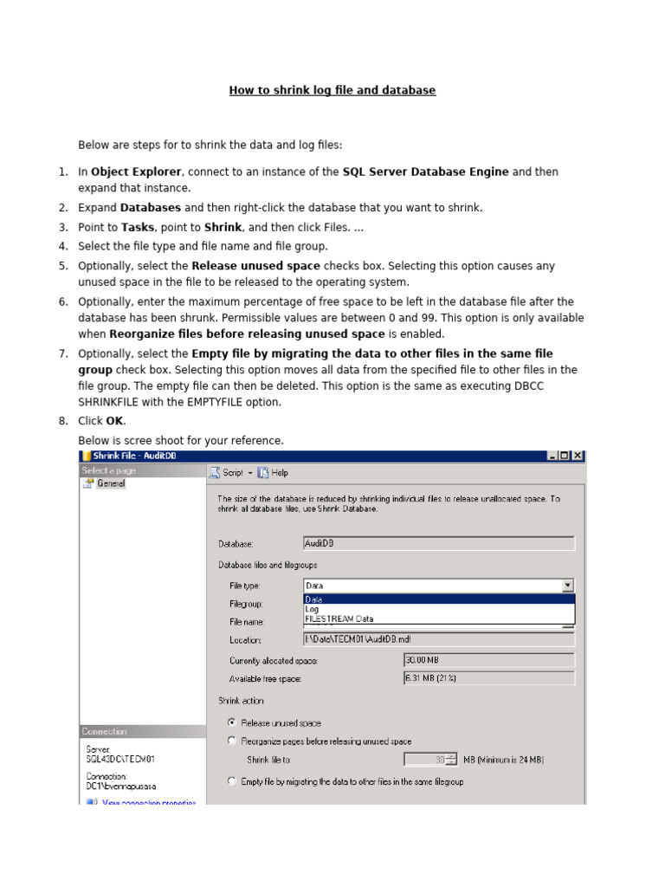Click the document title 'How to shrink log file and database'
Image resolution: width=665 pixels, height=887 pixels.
[x=332, y=90]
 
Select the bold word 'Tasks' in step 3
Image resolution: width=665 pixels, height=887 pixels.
[x=137, y=227]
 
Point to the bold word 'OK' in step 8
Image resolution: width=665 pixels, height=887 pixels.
[x=114, y=421]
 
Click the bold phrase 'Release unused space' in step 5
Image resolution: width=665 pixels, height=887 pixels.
[x=255, y=266]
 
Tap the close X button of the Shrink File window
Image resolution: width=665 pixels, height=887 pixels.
[x=578, y=456]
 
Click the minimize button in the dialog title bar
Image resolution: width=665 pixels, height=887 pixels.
[x=552, y=456]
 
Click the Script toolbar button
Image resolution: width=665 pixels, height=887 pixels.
[x=229, y=473]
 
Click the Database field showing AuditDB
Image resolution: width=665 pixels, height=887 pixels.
[x=438, y=543]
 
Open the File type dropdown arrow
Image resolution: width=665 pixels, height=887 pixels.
[x=567, y=586]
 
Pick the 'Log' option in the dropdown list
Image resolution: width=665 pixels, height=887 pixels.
[x=313, y=609]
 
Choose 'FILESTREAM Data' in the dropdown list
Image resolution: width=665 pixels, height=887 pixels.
[x=339, y=618]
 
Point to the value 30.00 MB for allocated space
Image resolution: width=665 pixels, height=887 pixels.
[x=488, y=660]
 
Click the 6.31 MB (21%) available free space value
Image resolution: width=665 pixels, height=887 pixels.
[x=488, y=678]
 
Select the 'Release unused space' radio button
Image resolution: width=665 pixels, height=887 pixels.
[x=231, y=722]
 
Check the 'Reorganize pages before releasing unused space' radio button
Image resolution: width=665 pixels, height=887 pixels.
[x=231, y=741]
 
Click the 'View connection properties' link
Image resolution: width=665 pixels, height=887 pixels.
[x=148, y=803]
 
